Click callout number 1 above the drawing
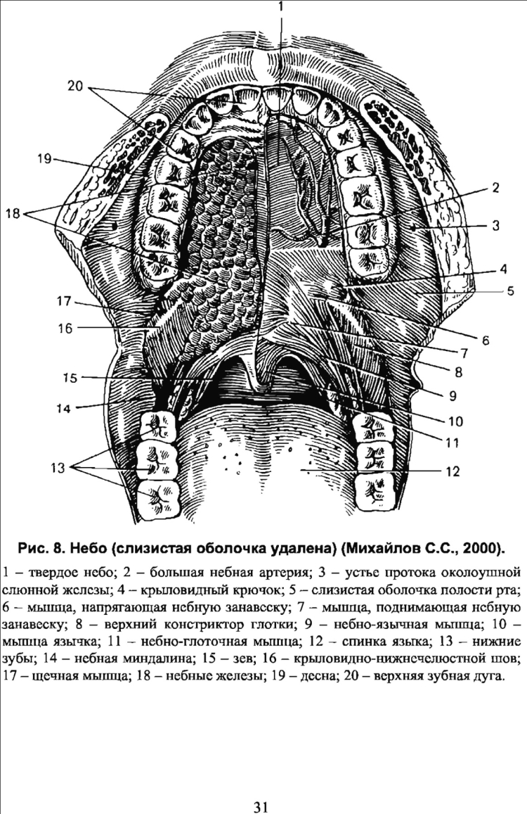[280, 6]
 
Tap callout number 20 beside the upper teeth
[75, 86]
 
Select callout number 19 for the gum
[44, 158]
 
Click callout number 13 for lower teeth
[58, 468]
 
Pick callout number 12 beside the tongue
[453, 471]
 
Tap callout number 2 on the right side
[496, 188]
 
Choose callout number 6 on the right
[486, 341]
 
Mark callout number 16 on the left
[65, 328]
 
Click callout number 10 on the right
[455, 421]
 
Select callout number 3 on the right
[496, 225]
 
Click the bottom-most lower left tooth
[157, 500]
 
